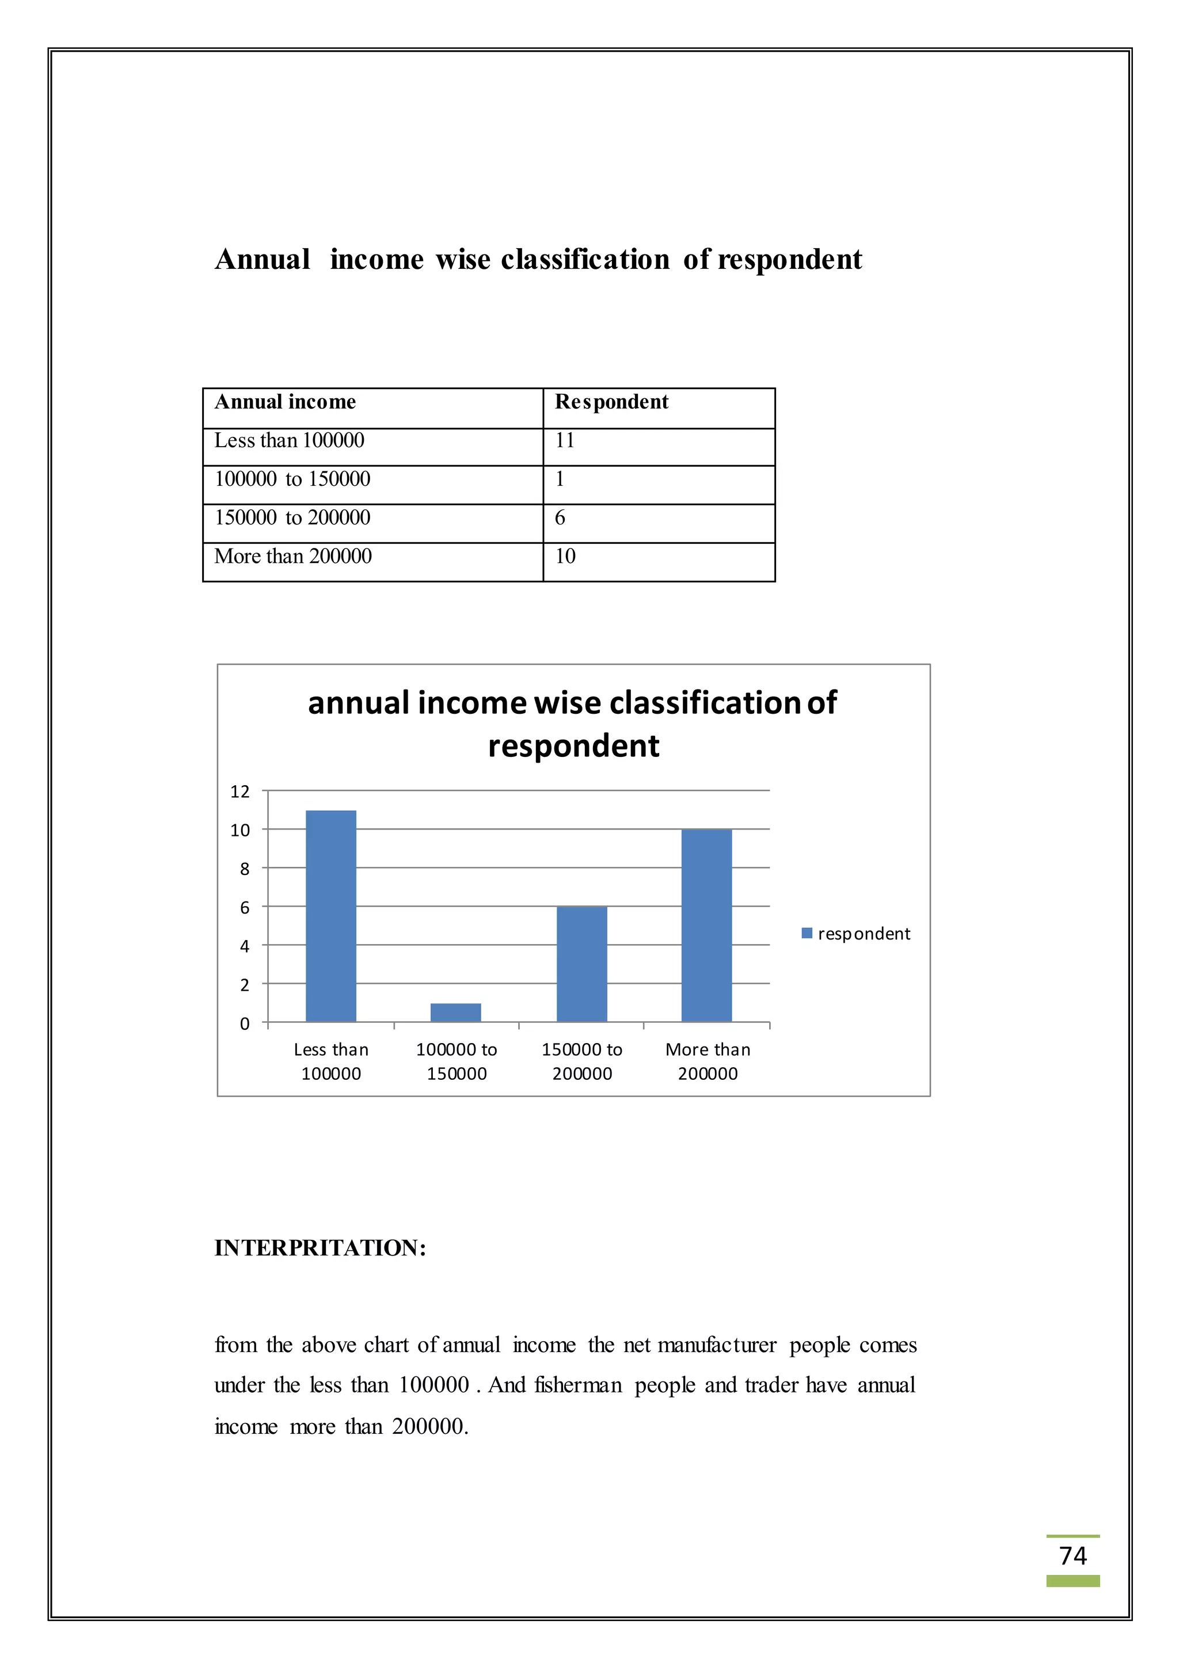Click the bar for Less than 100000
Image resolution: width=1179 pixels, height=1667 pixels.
(330, 916)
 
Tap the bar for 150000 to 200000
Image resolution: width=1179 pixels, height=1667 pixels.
(581, 964)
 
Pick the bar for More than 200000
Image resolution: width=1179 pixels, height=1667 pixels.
(706, 925)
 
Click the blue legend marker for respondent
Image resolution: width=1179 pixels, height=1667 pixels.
(807, 933)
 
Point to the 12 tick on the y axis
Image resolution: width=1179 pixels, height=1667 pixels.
(239, 791)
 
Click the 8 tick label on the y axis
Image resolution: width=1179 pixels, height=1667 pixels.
(245, 869)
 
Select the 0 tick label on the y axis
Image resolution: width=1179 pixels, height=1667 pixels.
(245, 1023)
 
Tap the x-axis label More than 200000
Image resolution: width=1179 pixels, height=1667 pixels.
(708, 1061)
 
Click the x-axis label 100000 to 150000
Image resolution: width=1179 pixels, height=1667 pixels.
(457, 1061)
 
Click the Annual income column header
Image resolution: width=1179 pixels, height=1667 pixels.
(286, 402)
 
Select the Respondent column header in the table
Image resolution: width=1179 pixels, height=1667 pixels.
(611, 402)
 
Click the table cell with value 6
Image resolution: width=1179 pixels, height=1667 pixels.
(560, 517)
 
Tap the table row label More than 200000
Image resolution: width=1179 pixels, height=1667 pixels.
(292, 556)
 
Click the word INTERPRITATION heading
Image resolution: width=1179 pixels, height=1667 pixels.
(320, 1247)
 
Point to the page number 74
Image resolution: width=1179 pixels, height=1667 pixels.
(1072, 1555)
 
